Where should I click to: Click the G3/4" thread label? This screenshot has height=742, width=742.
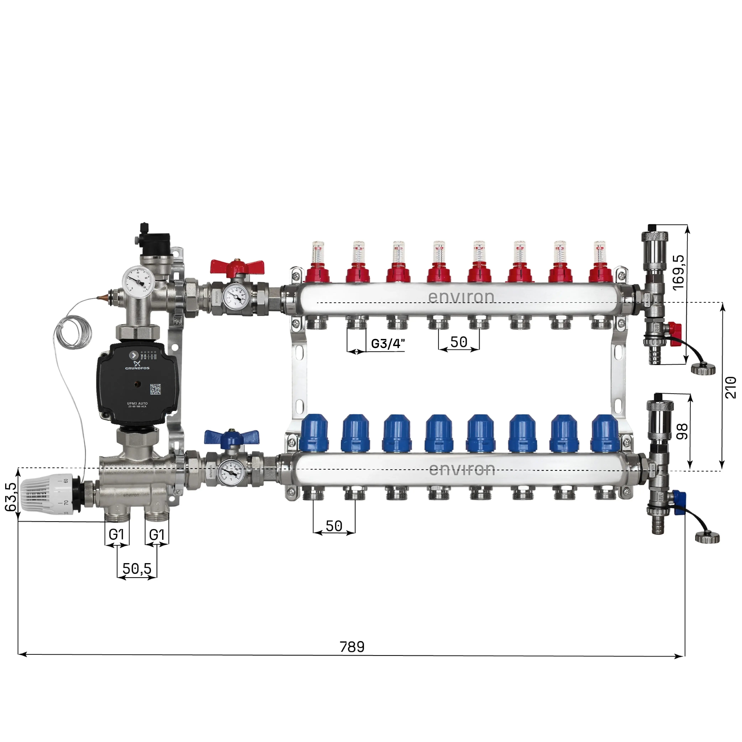click(388, 343)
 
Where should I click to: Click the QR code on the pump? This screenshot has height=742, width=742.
click(155, 389)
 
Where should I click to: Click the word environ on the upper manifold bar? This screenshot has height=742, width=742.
click(461, 297)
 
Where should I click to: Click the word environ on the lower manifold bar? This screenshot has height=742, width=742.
click(462, 469)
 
